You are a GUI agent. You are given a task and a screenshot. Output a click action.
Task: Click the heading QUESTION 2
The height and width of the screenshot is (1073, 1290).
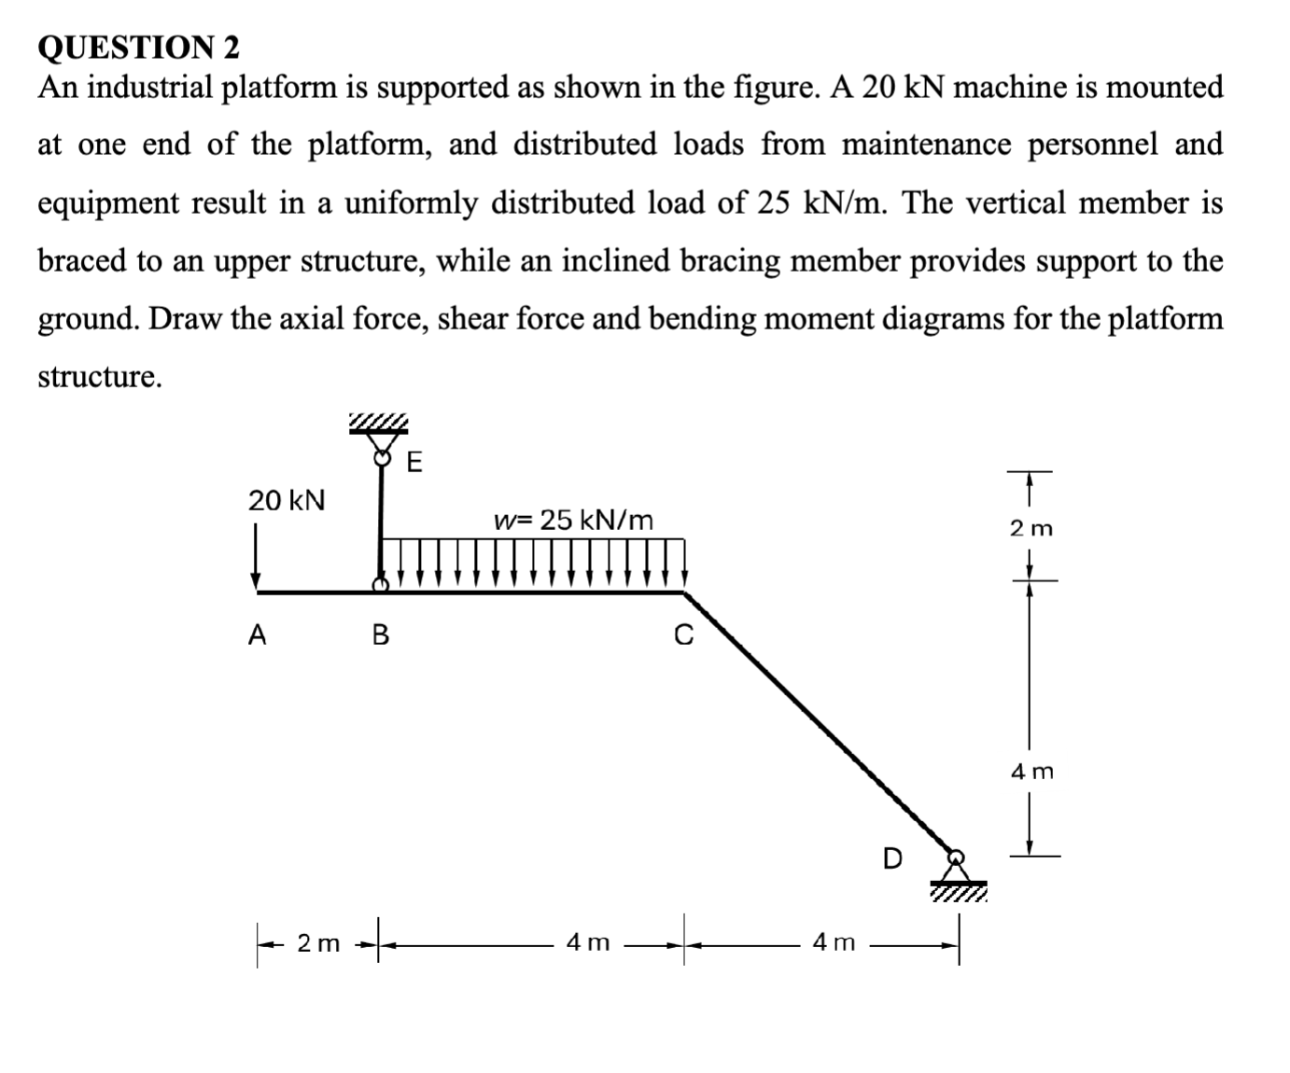point(138,46)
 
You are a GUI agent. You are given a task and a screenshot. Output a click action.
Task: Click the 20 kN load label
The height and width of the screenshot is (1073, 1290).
point(287,500)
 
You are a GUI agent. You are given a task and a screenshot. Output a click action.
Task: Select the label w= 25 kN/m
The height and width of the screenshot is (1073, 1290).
point(573,520)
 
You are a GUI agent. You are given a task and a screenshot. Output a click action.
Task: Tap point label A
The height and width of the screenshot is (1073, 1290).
point(257,635)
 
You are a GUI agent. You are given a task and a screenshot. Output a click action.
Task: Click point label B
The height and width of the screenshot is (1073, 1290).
point(380,635)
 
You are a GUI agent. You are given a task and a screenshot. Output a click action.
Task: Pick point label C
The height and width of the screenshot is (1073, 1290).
point(684,636)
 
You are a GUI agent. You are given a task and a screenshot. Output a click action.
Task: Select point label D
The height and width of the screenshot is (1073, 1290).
point(892,858)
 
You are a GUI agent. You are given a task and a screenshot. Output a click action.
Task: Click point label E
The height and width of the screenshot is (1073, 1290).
point(414,462)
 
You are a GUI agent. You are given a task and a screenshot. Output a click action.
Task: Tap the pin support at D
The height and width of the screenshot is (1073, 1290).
point(957,868)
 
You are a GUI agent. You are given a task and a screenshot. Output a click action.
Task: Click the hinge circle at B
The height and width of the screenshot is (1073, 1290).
point(379,585)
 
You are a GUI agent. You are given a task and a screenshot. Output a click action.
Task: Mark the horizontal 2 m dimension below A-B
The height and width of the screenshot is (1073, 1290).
point(318,943)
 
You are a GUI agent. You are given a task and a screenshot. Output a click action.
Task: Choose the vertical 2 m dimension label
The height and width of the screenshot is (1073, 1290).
point(1031,528)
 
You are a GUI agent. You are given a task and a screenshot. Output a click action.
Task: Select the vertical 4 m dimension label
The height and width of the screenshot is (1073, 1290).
point(1031,772)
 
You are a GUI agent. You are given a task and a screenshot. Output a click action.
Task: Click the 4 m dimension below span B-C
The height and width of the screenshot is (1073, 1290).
point(588,943)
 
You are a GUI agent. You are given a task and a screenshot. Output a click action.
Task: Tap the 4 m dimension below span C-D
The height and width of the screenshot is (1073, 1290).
point(833,943)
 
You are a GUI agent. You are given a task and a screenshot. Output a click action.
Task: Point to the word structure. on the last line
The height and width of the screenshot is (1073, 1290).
point(99,376)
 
